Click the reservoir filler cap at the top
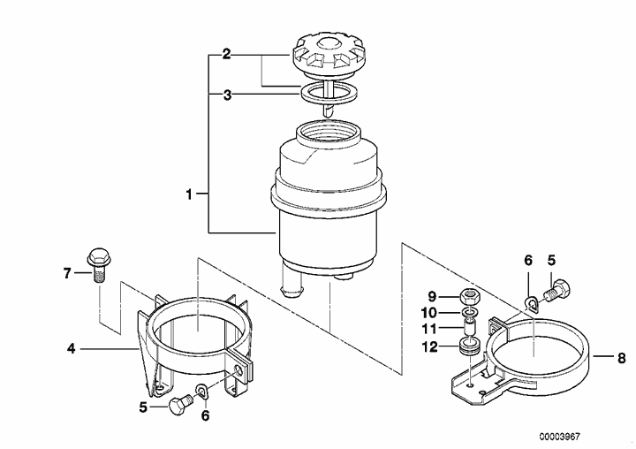click(x=328, y=57)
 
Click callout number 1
click(x=189, y=194)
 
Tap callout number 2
click(x=226, y=55)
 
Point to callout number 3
click(x=228, y=95)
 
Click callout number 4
click(x=72, y=348)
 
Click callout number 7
click(x=67, y=274)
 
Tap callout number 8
click(x=621, y=358)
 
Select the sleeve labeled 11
click(x=470, y=327)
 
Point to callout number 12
click(x=430, y=347)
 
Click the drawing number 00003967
click(x=560, y=437)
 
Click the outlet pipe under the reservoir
click(x=293, y=281)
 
